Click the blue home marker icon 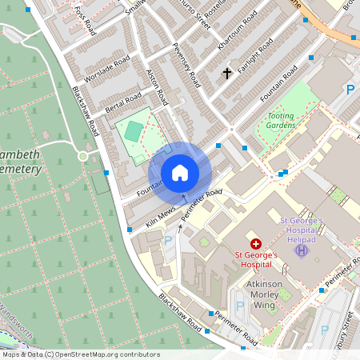[180, 173]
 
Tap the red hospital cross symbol [256, 243]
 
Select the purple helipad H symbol [301, 251]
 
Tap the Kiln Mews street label [161, 216]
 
